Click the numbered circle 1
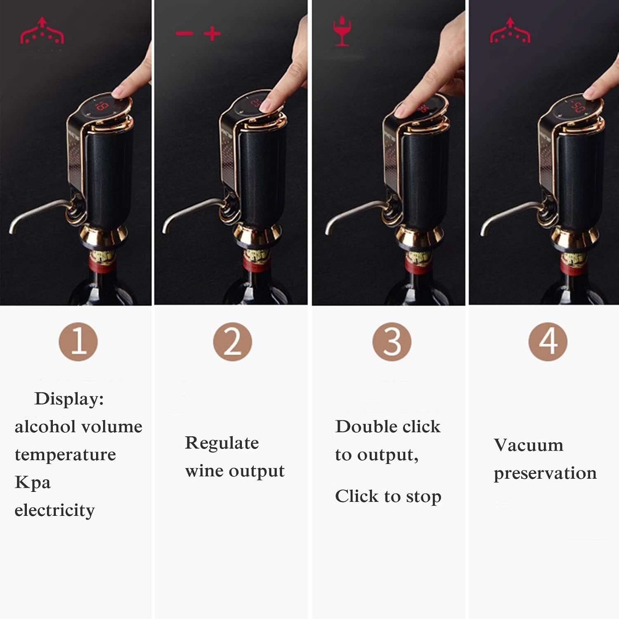[78, 342]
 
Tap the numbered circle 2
[232, 342]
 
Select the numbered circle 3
[392, 342]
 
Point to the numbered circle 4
[548, 342]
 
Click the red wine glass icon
[342, 31]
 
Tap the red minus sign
[184, 33]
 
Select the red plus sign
[212, 33]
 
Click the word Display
[69, 399]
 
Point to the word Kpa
[33, 482]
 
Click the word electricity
[54, 510]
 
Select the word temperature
[65, 455]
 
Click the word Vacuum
[528, 445]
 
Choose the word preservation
[545, 473]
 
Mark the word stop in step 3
[423, 497]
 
